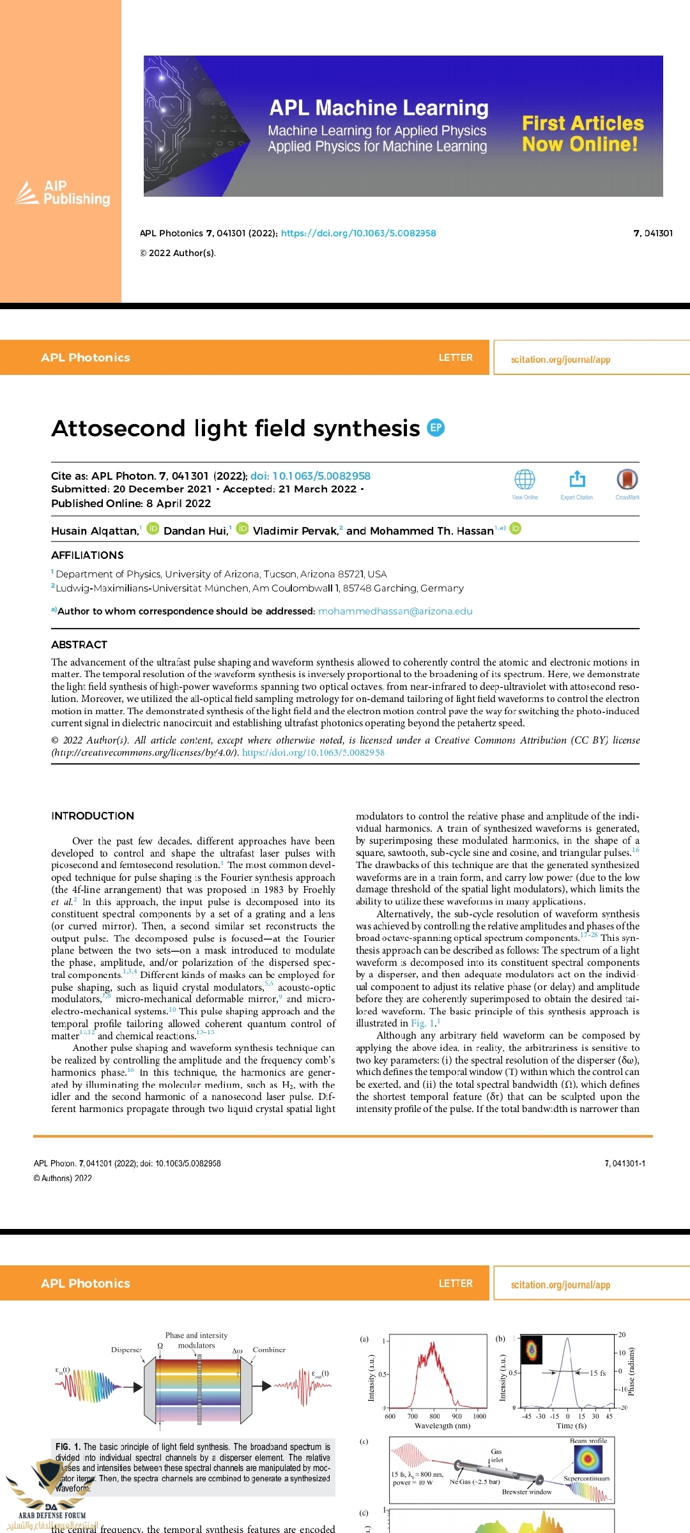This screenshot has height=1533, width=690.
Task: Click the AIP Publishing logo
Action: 63,193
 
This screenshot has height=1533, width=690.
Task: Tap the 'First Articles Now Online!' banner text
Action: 582,133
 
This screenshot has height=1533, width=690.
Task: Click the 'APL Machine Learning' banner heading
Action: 379,108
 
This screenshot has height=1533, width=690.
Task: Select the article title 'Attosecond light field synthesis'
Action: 236,428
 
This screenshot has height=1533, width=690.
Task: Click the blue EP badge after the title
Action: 436,427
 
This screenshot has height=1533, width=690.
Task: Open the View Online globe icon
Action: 525,480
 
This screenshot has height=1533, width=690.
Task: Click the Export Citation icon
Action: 577,480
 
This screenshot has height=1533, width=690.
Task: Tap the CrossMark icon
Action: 627,480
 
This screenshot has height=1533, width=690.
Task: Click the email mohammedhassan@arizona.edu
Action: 395,611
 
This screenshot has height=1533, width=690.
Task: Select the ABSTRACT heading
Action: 79,644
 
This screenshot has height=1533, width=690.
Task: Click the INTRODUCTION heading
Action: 93,816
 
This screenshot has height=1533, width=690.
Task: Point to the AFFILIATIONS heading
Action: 88,555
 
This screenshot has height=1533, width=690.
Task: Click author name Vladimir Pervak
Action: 295,531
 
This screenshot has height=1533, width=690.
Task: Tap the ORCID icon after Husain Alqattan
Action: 153,528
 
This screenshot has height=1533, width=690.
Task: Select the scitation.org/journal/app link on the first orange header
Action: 560,360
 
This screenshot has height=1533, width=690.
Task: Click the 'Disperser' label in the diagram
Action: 126,1350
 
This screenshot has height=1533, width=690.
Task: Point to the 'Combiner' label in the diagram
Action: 269,1350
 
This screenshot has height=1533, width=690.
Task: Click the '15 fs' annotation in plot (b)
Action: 597,1373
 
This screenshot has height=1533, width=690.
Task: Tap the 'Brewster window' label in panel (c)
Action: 526,1491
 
